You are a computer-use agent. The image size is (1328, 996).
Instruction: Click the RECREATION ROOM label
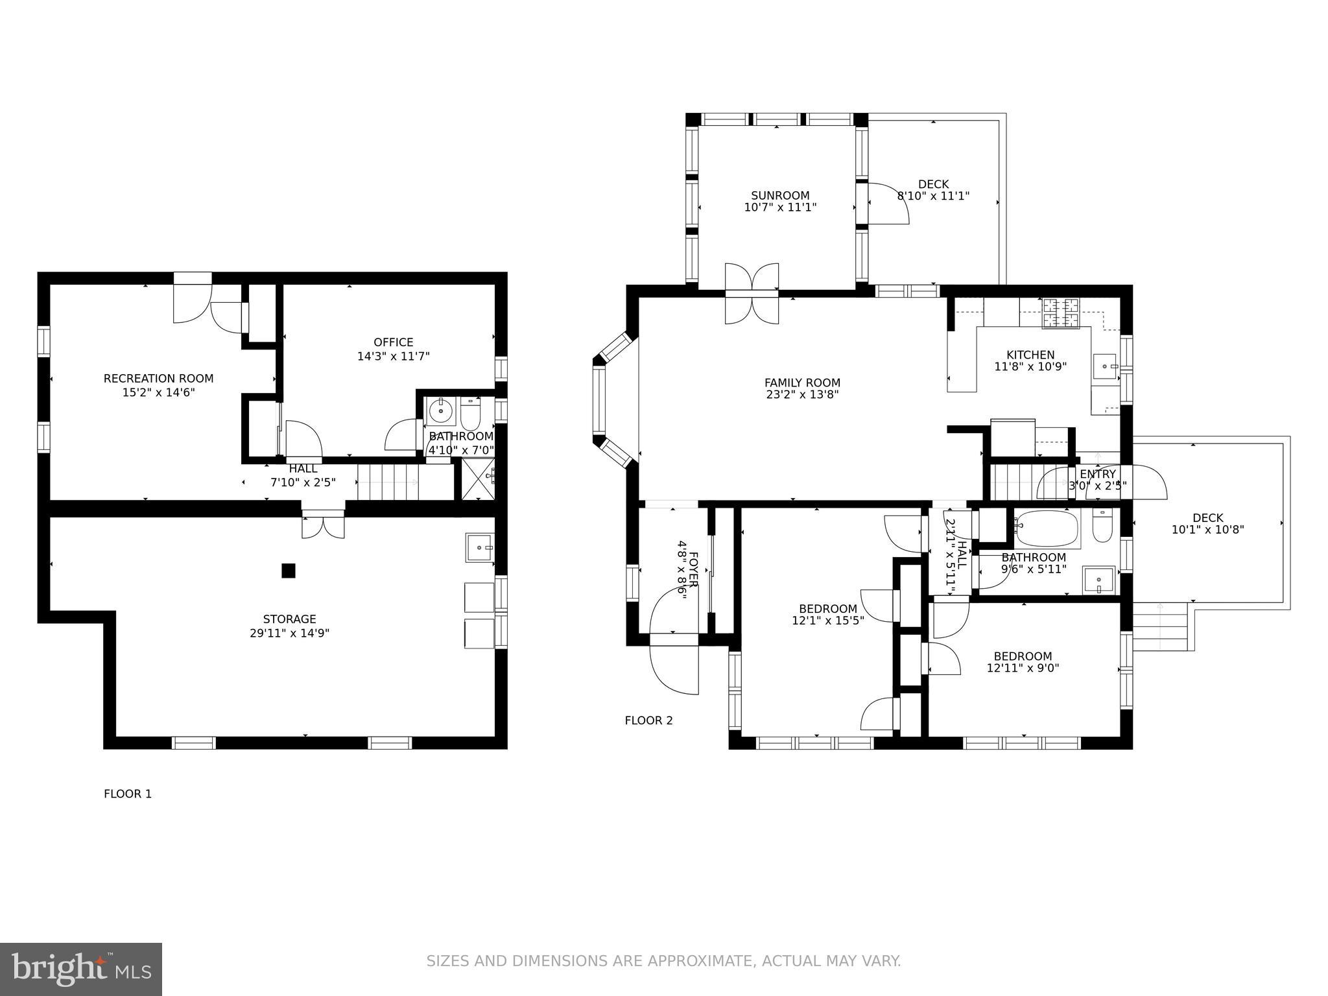coord(158,378)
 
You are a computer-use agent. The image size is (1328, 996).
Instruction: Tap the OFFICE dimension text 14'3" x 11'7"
coord(393,356)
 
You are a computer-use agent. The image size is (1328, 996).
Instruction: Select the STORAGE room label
coord(289,619)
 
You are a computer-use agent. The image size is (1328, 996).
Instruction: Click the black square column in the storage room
coord(289,571)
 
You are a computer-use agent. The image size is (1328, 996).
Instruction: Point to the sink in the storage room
coord(479,547)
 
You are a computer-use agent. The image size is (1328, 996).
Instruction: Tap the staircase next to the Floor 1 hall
coord(388,482)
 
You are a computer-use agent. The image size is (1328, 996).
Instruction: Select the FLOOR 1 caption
coord(128,794)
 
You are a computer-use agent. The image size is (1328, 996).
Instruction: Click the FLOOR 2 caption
coord(648,720)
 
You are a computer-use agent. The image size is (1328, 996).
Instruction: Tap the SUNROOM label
coord(780,195)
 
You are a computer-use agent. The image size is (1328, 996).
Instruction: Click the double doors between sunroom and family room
coord(752,293)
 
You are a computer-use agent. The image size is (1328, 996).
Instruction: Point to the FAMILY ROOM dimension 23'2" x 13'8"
coord(802,394)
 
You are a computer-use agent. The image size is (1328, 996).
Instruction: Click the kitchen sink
coord(1106,366)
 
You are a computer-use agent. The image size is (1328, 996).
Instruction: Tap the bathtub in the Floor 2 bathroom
coord(1046,529)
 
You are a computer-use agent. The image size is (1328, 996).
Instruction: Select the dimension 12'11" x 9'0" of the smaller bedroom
coord(1023,668)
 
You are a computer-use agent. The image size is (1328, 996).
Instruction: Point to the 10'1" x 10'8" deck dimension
coord(1207,530)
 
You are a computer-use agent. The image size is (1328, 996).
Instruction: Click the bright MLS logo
coord(81,969)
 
